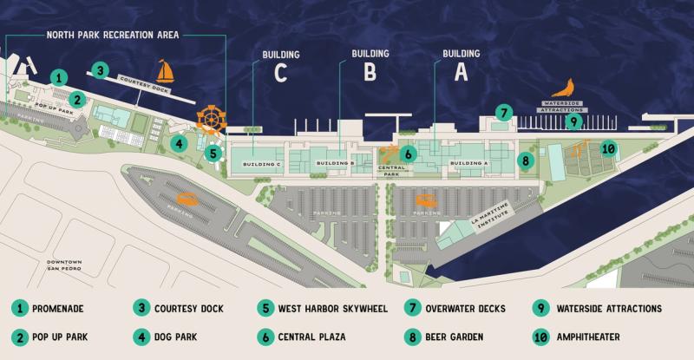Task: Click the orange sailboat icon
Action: click(x=166, y=71)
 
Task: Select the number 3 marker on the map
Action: click(x=101, y=70)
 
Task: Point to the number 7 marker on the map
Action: click(x=504, y=112)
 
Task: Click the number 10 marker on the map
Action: click(x=609, y=148)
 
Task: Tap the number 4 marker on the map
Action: click(x=178, y=142)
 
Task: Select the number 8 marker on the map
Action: click(x=526, y=160)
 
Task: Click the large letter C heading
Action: click(x=279, y=74)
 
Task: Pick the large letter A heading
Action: click(x=460, y=74)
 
